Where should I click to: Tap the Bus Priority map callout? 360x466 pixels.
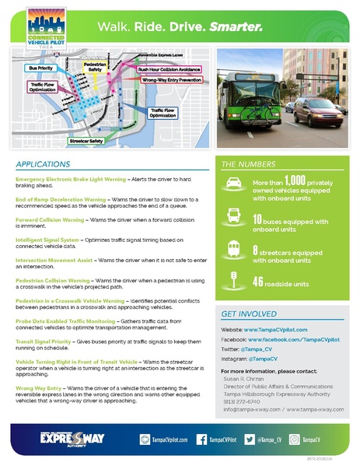tap(40, 68)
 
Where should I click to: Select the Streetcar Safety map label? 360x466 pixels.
tap(86, 141)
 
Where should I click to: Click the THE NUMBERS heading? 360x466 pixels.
tap(247, 165)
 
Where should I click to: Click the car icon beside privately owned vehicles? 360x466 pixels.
tap(235, 185)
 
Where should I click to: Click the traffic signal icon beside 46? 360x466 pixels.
tap(235, 279)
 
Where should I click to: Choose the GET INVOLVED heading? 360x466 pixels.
tap(249, 314)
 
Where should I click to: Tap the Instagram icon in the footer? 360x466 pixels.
tap(295, 440)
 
